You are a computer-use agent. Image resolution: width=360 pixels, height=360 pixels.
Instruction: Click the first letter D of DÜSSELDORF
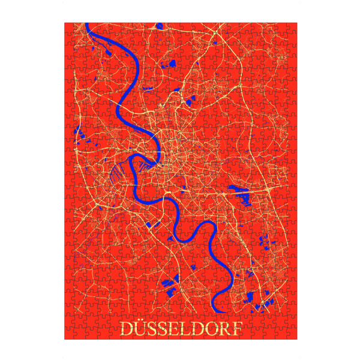[127, 329]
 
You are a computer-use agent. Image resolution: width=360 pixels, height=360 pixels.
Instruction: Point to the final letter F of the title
[239, 329]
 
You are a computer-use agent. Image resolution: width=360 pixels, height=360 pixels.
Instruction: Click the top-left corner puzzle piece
[70, 28]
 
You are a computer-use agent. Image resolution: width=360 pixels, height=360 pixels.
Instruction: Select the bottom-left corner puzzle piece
[70, 334]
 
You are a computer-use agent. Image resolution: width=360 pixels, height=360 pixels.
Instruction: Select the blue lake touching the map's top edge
[160, 26]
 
